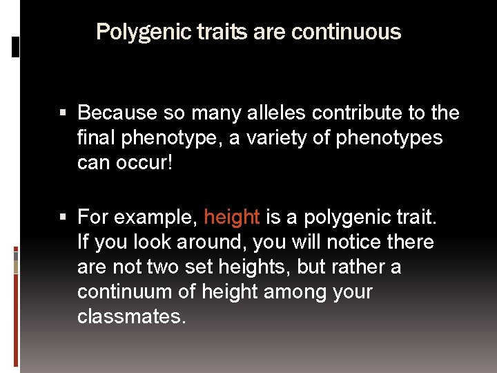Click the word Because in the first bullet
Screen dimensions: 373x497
click(116, 113)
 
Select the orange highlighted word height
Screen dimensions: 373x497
click(232, 218)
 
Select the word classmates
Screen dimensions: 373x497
click(131, 317)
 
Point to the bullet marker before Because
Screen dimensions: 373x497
click(63, 113)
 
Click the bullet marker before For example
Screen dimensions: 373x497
click(63, 218)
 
